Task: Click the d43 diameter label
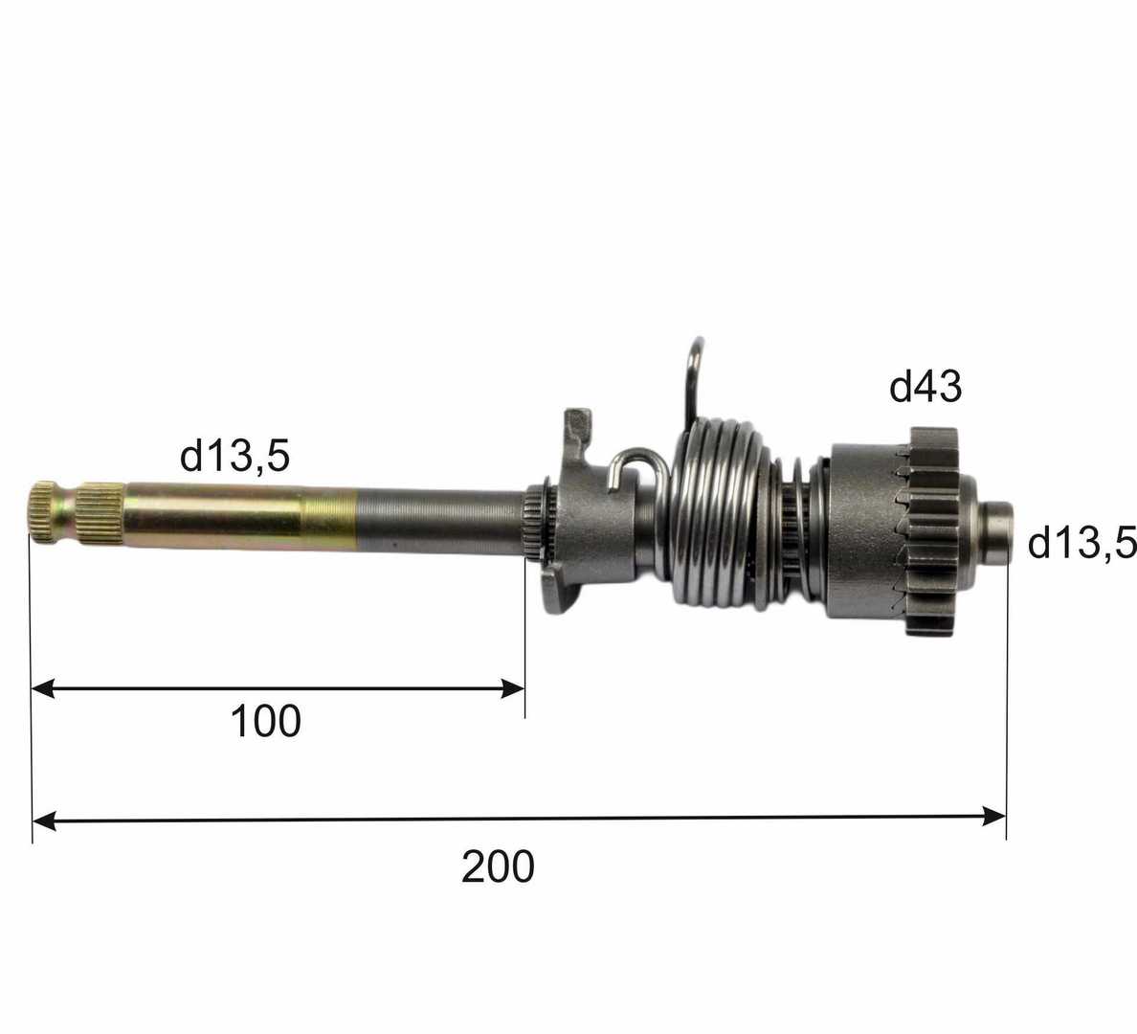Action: [925, 386]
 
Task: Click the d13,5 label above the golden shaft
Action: [234, 456]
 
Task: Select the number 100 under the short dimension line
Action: [265, 721]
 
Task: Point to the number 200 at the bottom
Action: [499, 866]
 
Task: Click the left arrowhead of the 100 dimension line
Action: [43, 687]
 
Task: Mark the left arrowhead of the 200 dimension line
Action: [43, 821]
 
